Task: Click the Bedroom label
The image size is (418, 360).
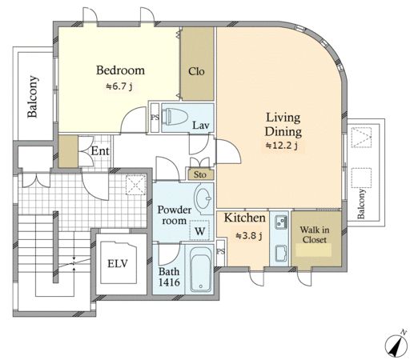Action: click(120, 70)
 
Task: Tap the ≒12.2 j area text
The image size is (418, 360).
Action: click(281, 146)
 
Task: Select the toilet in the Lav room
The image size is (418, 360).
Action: click(175, 117)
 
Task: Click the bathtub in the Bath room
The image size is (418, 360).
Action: click(200, 270)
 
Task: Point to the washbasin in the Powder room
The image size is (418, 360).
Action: click(203, 198)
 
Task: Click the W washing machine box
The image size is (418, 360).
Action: click(199, 231)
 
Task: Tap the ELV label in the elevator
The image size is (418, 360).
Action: click(118, 264)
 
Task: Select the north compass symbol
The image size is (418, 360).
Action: click(397, 344)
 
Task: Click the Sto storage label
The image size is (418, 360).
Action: click(200, 175)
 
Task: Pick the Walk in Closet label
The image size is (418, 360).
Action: click(315, 234)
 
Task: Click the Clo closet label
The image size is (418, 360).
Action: click(196, 71)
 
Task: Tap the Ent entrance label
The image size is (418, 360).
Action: click(100, 151)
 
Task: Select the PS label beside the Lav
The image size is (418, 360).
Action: click(155, 118)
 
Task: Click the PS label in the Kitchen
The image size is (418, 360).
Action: click(221, 251)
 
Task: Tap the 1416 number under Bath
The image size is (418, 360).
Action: click(169, 282)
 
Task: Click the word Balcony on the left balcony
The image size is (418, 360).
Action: click(33, 97)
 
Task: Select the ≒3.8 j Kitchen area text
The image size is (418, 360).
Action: click(248, 236)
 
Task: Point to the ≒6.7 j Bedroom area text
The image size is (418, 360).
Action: click(119, 86)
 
